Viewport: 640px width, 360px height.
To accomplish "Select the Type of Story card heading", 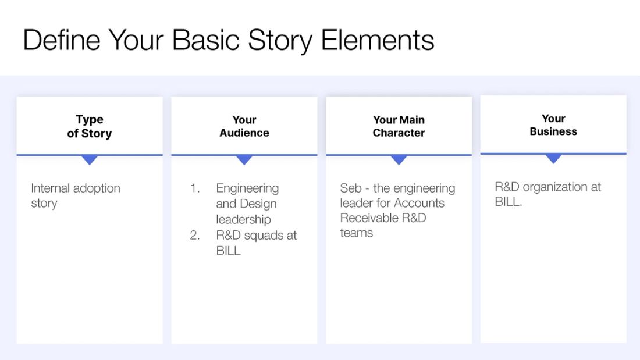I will (x=90, y=126).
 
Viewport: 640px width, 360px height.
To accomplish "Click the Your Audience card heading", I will (x=244, y=126).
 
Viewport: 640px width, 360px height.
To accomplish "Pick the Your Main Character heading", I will (x=399, y=126).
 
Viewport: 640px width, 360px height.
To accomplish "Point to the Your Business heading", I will (x=553, y=125).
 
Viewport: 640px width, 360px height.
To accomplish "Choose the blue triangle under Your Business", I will (x=553, y=158).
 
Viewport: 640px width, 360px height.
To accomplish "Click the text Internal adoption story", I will (x=75, y=195).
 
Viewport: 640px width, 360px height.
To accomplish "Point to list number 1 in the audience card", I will (x=195, y=188).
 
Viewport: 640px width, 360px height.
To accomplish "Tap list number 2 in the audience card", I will (x=195, y=236).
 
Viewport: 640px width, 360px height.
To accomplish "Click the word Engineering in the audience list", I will (x=247, y=188).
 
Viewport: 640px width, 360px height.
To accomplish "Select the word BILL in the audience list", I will (x=228, y=251).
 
